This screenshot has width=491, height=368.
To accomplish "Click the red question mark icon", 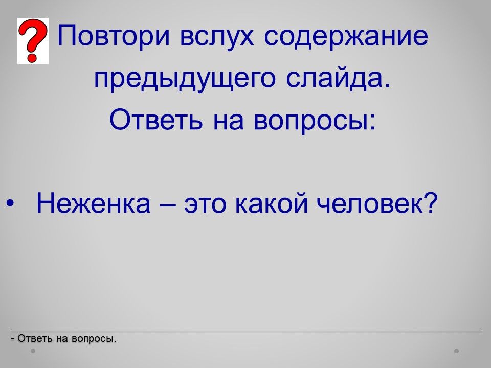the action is pyautogui.click(x=33, y=41).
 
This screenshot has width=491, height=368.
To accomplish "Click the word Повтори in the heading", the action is pyautogui.click(x=114, y=35).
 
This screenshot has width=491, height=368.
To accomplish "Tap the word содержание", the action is pyautogui.click(x=346, y=35).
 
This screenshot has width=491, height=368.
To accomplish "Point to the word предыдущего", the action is pyautogui.click(x=185, y=78).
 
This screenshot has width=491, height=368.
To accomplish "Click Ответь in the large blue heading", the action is pyautogui.click(x=156, y=120).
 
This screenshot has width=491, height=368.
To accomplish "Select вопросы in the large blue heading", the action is pyautogui.click(x=315, y=122).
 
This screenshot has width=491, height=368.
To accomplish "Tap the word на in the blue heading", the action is pyautogui.click(x=228, y=122).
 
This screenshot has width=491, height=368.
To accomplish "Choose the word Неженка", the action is pyautogui.click(x=93, y=203).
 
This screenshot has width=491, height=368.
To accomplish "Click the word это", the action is pyautogui.click(x=205, y=204).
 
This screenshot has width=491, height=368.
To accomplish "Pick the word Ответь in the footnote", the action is pyautogui.click(x=34, y=338).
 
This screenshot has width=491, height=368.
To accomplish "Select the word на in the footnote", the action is pyautogui.click(x=62, y=339).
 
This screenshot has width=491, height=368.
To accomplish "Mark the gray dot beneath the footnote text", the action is pyautogui.click(x=33, y=351).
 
